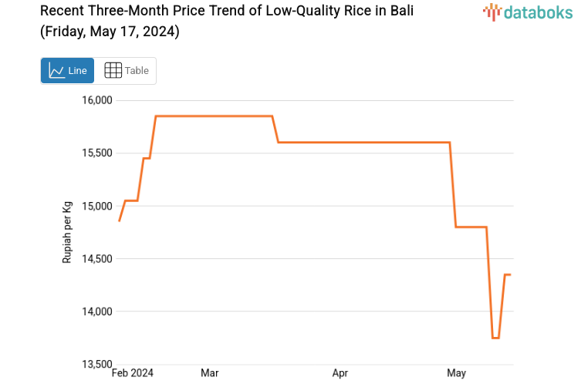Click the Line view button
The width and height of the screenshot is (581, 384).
pyautogui.click(x=67, y=71)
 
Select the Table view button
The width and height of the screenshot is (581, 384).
pyautogui.click(x=126, y=71)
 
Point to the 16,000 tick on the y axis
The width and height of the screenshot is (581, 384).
pyautogui.click(x=97, y=100)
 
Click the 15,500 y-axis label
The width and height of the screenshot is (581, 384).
pyautogui.click(x=97, y=153)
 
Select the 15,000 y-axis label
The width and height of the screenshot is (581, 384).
pyautogui.click(x=97, y=206)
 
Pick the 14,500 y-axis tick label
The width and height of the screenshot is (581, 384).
pyautogui.click(x=97, y=259)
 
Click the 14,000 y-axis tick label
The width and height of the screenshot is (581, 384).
pyautogui.click(x=97, y=312)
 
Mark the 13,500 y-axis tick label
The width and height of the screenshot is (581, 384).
pyautogui.click(x=97, y=364)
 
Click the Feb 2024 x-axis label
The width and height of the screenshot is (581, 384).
pyautogui.click(x=132, y=373)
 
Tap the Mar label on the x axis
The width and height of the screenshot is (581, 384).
pyautogui.click(x=209, y=373)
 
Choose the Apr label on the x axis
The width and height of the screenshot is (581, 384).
pyautogui.click(x=339, y=373)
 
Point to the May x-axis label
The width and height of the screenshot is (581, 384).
pyautogui.click(x=456, y=373)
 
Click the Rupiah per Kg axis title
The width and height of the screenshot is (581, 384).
pyautogui.click(x=67, y=232)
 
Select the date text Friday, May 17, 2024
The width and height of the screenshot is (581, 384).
pyautogui.click(x=110, y=32)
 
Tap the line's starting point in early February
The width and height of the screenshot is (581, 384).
pyautogui.click(x=120, y=221)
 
